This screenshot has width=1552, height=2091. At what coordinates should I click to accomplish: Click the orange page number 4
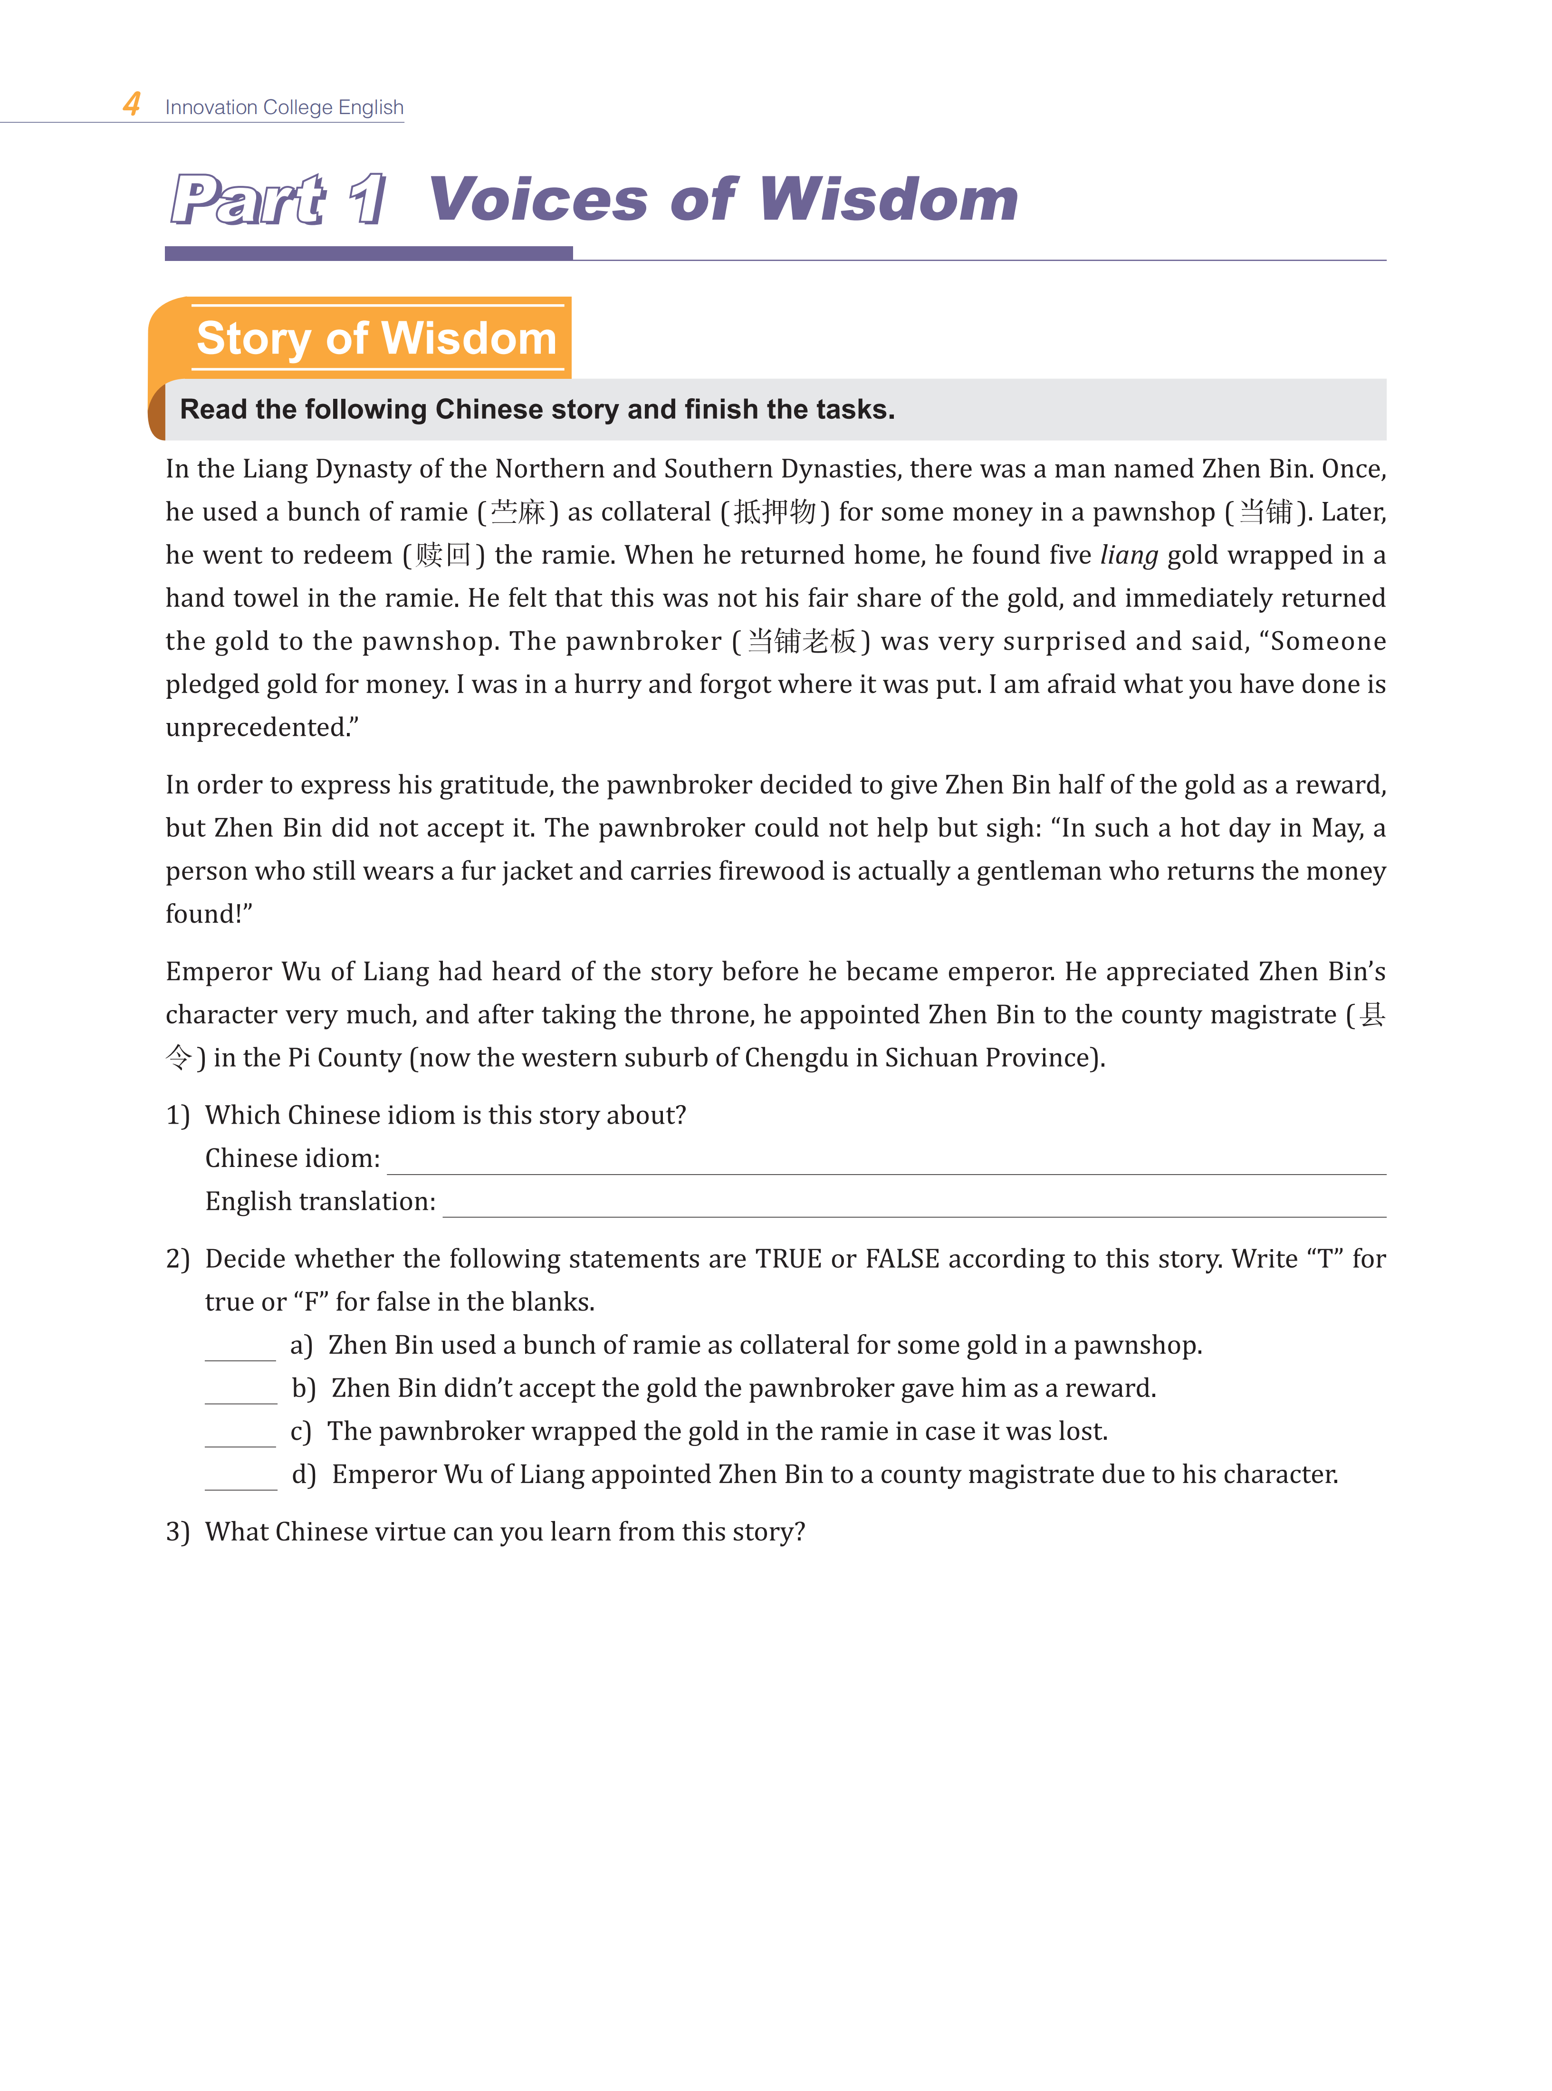pos(132,104)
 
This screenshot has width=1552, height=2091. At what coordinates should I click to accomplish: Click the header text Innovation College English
pos(284,107)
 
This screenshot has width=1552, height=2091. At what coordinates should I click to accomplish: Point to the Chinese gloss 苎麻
pos(517,512)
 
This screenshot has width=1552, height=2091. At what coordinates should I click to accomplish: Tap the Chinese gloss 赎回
pos(443,555)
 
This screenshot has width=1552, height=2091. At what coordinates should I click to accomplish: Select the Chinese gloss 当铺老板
pos(801,642)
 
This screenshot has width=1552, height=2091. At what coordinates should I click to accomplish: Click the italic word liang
pos(1128,555)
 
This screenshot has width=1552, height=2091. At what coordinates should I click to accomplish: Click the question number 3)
pos(178,1532)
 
